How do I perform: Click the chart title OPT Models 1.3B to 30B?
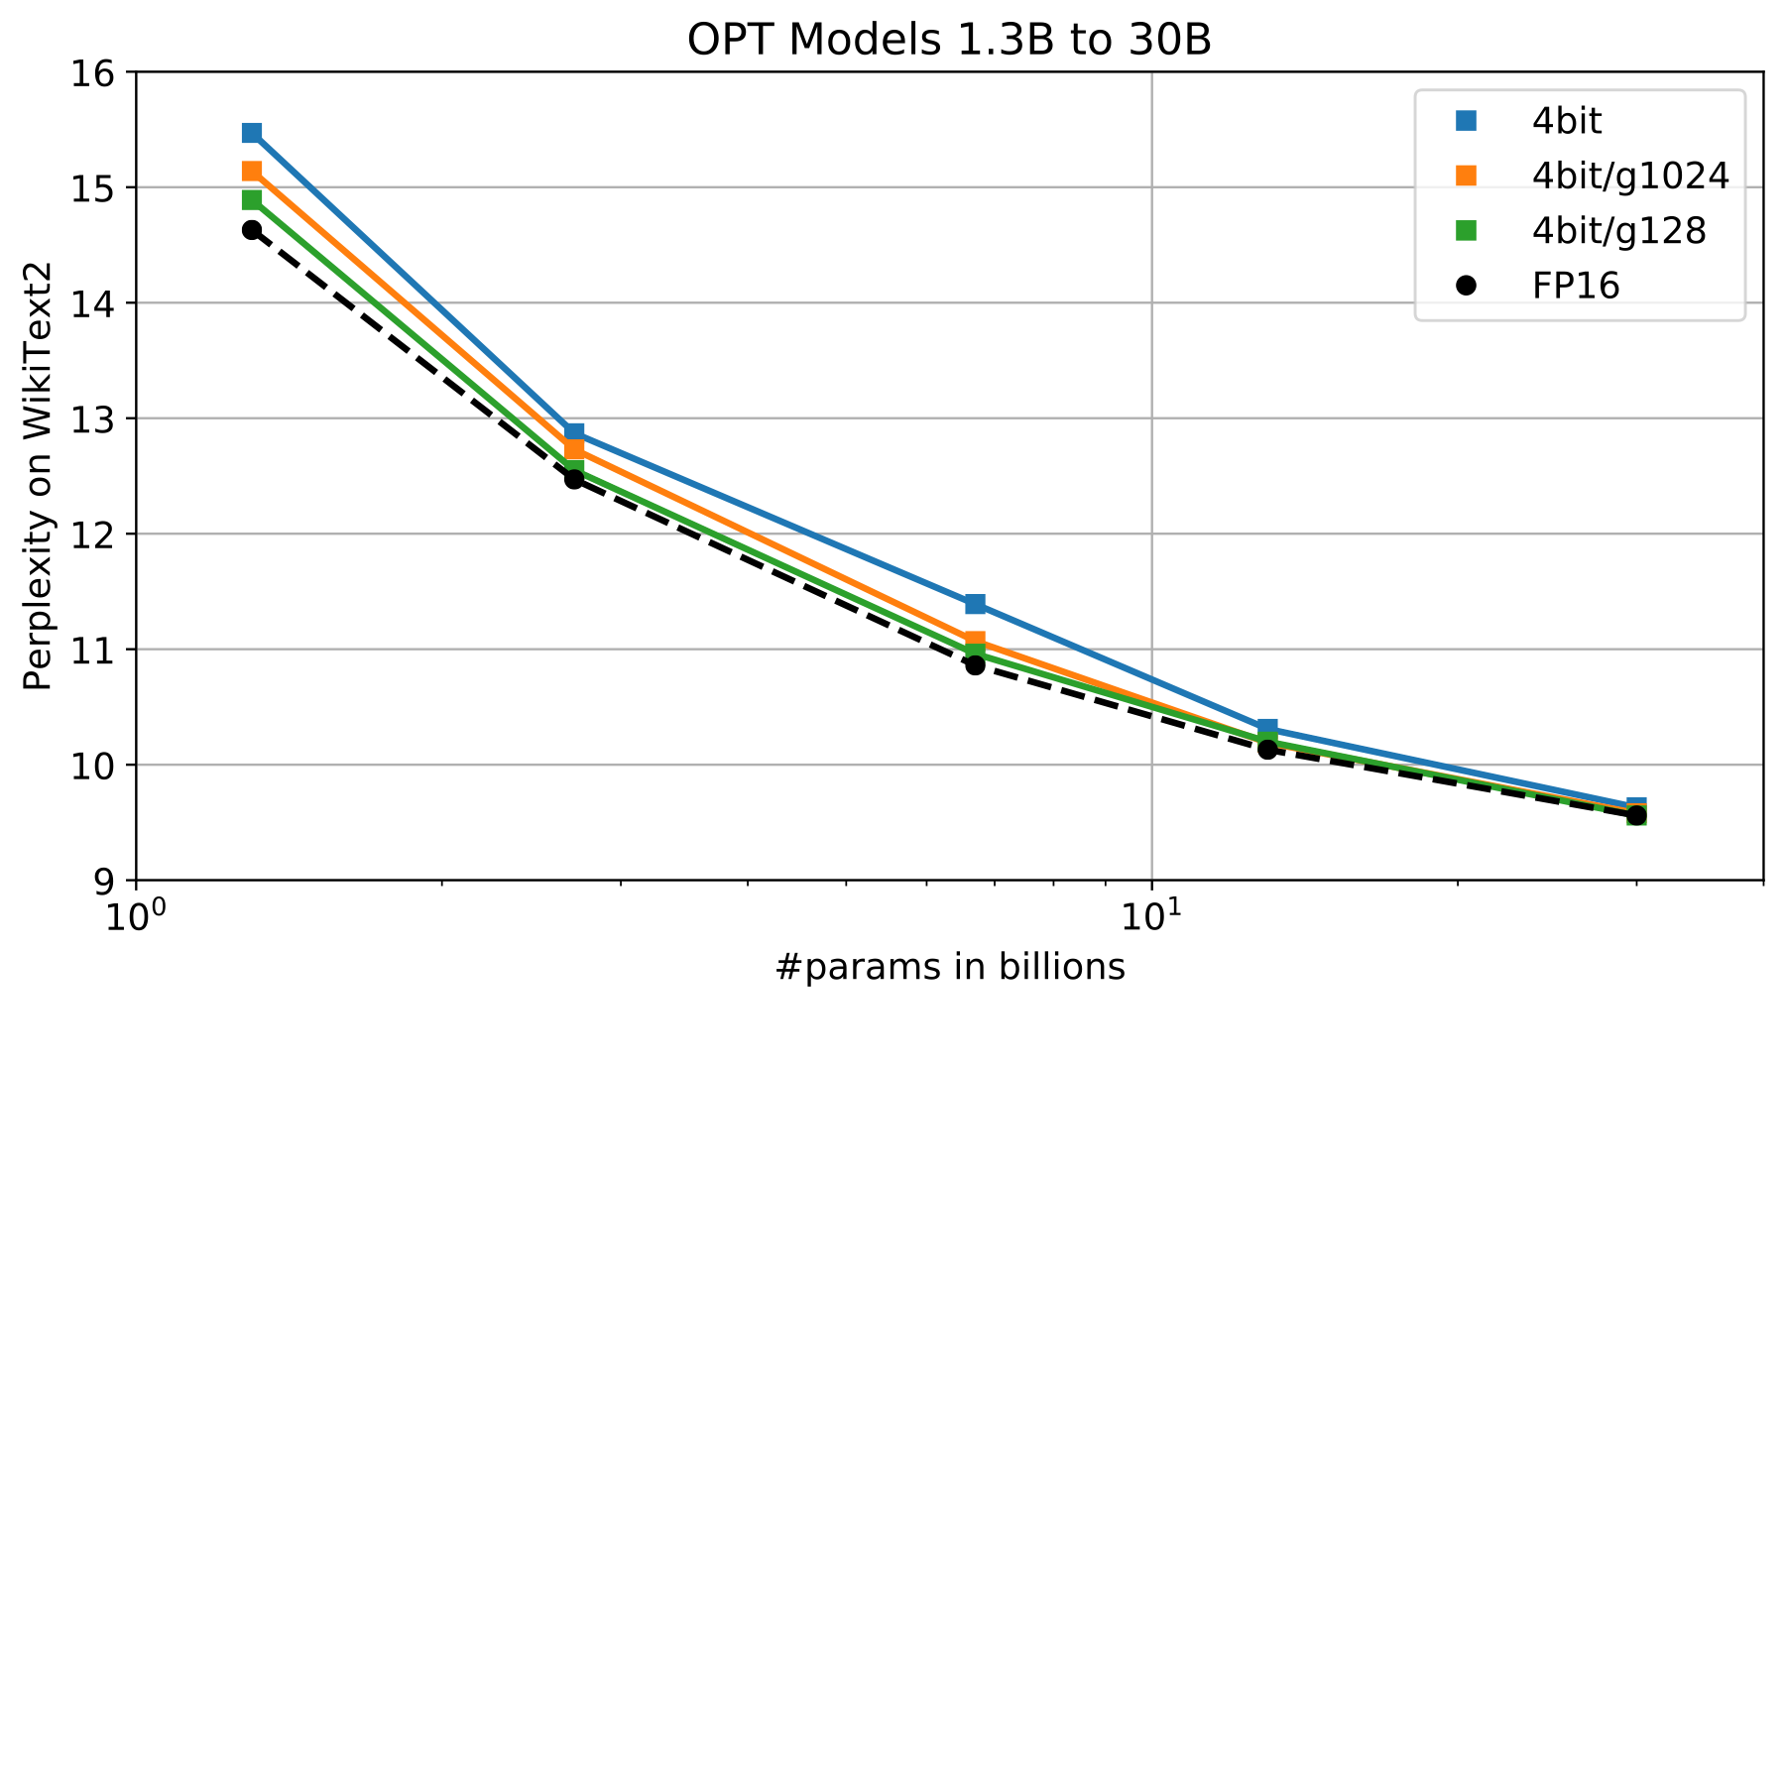tap(949, 41)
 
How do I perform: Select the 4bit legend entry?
tap(1567, 121)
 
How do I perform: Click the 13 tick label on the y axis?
tap(92, 418)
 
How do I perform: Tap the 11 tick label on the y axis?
tap(92, 650)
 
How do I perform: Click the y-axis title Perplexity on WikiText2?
tap(38, 476)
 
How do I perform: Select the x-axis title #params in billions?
tap(950, 967)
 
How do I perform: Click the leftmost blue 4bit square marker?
tap(252, 133)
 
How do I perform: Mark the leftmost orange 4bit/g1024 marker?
tap(252, 172)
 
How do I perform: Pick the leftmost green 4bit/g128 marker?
tap(252, 200)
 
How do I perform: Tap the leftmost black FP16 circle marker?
tap(252, 230)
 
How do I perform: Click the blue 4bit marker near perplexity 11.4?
tap(975, 604)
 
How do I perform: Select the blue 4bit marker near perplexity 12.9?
tap(573, 433)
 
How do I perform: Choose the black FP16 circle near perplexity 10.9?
tap(975, 665)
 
